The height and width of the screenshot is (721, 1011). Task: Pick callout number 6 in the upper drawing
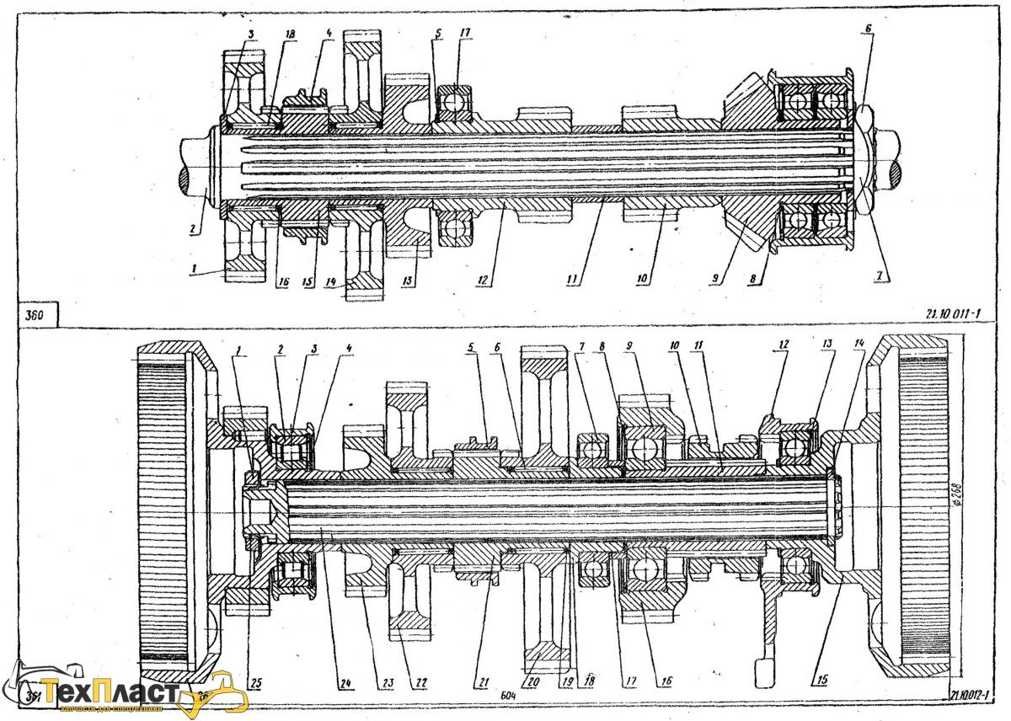pos(868,28)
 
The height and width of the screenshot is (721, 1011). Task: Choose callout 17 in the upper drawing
pos(464,32)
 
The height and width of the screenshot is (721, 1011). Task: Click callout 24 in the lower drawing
pos(343,681)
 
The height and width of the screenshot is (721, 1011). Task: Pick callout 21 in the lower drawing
pos(479,681)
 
